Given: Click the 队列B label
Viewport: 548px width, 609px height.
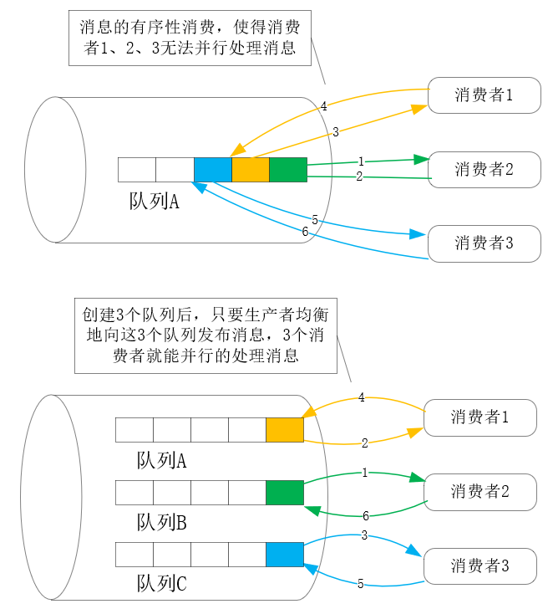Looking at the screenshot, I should [161, 523].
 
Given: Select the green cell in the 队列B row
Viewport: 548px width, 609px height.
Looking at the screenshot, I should [284, 493].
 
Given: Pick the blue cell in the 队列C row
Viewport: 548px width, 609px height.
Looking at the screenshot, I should [284, 555].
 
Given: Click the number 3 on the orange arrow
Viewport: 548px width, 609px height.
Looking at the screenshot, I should [335, 131].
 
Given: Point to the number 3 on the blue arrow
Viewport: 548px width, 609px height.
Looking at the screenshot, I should [364, 535].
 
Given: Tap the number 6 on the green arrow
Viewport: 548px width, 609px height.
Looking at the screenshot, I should [365, 516].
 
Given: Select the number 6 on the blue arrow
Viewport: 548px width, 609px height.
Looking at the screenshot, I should [305, 232].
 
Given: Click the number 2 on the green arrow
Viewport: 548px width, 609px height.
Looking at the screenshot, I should [359, 177].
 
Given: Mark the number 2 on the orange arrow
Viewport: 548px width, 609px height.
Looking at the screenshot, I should [365, 443].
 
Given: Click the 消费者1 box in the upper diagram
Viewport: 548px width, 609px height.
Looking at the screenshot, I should [484, 96].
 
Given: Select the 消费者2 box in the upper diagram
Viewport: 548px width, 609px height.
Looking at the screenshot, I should [484, 170].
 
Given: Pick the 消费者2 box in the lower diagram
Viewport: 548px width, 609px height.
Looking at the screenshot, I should [479, 492].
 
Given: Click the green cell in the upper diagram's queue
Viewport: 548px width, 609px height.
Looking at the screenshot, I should [288, 170].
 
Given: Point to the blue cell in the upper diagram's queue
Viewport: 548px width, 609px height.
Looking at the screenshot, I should [212, 170].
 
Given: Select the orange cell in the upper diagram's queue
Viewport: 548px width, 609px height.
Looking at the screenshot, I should [250, 170].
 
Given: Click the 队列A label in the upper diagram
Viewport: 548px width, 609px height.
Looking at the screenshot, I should [155, 202].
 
